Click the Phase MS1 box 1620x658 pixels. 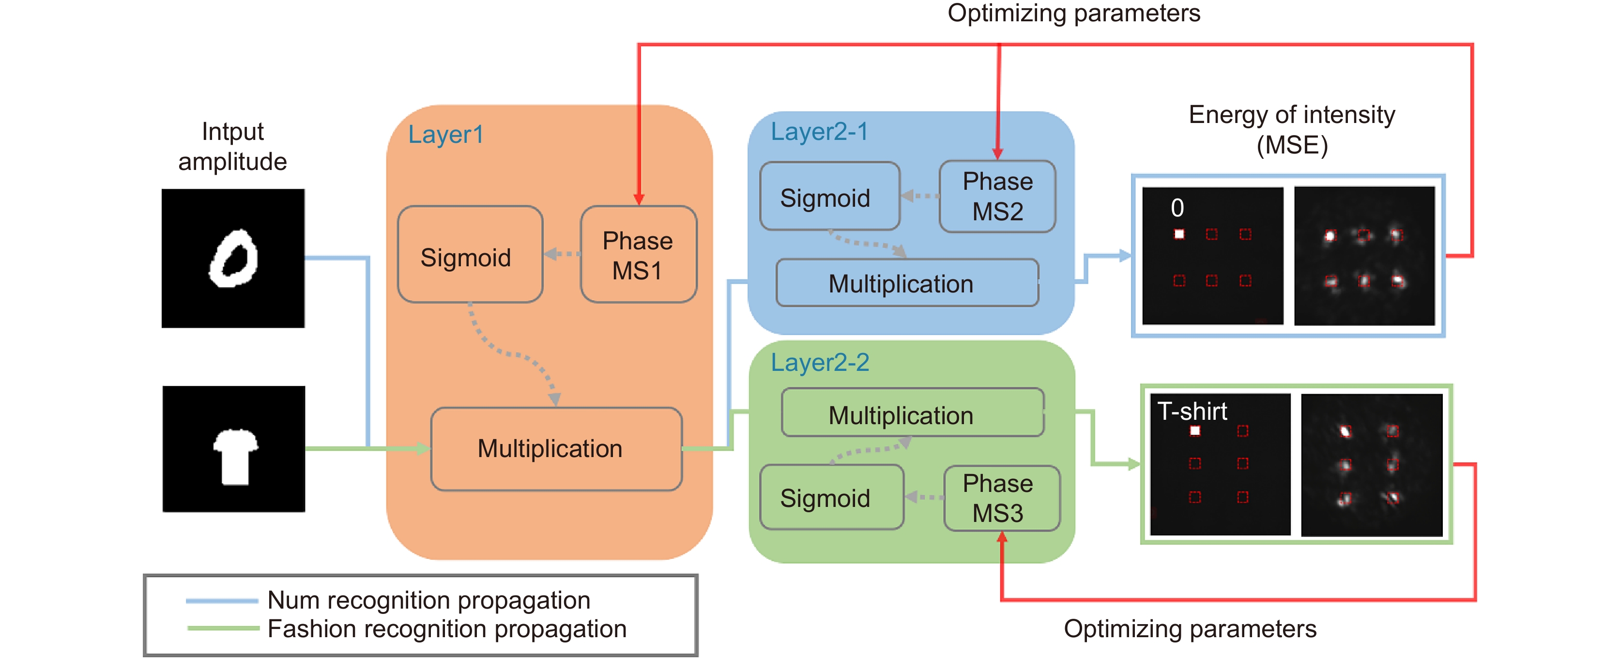point(638,255)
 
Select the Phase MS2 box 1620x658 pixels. point(997,196)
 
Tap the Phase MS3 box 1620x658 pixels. point(1001,498)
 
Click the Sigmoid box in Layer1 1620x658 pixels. point(469,255)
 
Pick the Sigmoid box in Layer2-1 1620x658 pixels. point(829,197)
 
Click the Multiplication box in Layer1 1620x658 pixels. point(556,448)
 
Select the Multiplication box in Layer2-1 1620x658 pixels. point(906,283)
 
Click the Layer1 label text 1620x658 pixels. point(445,134)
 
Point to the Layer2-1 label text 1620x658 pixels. point(819,132)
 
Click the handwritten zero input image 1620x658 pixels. point(233,258)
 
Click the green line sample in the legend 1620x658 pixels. point(222,628)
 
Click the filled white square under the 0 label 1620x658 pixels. point(1179,234)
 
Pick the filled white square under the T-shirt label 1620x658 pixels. point(1195,431)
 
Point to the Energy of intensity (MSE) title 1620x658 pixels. point(1292,130)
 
